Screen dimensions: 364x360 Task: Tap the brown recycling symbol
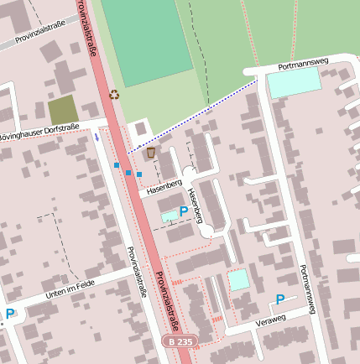point(115,95)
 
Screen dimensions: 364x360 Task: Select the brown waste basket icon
point(151,153)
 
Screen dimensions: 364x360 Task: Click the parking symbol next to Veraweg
point(280,299)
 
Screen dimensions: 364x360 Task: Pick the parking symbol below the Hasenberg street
point(183,212)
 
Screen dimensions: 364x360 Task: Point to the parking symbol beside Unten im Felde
point(10,315)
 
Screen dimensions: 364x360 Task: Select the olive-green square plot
point(62,110)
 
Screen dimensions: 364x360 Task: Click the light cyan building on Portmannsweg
point(294,81)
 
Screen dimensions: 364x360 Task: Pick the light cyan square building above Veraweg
point(239,279)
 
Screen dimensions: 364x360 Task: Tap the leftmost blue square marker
point(117,166)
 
